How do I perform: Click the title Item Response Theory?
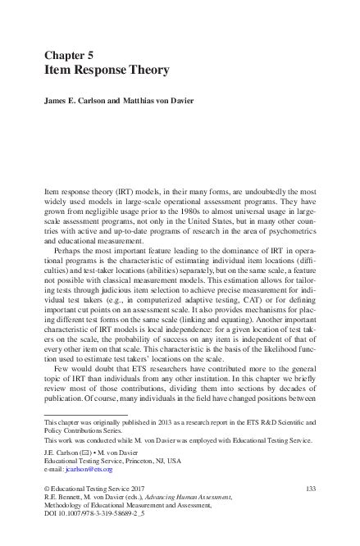tap(106, 71)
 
